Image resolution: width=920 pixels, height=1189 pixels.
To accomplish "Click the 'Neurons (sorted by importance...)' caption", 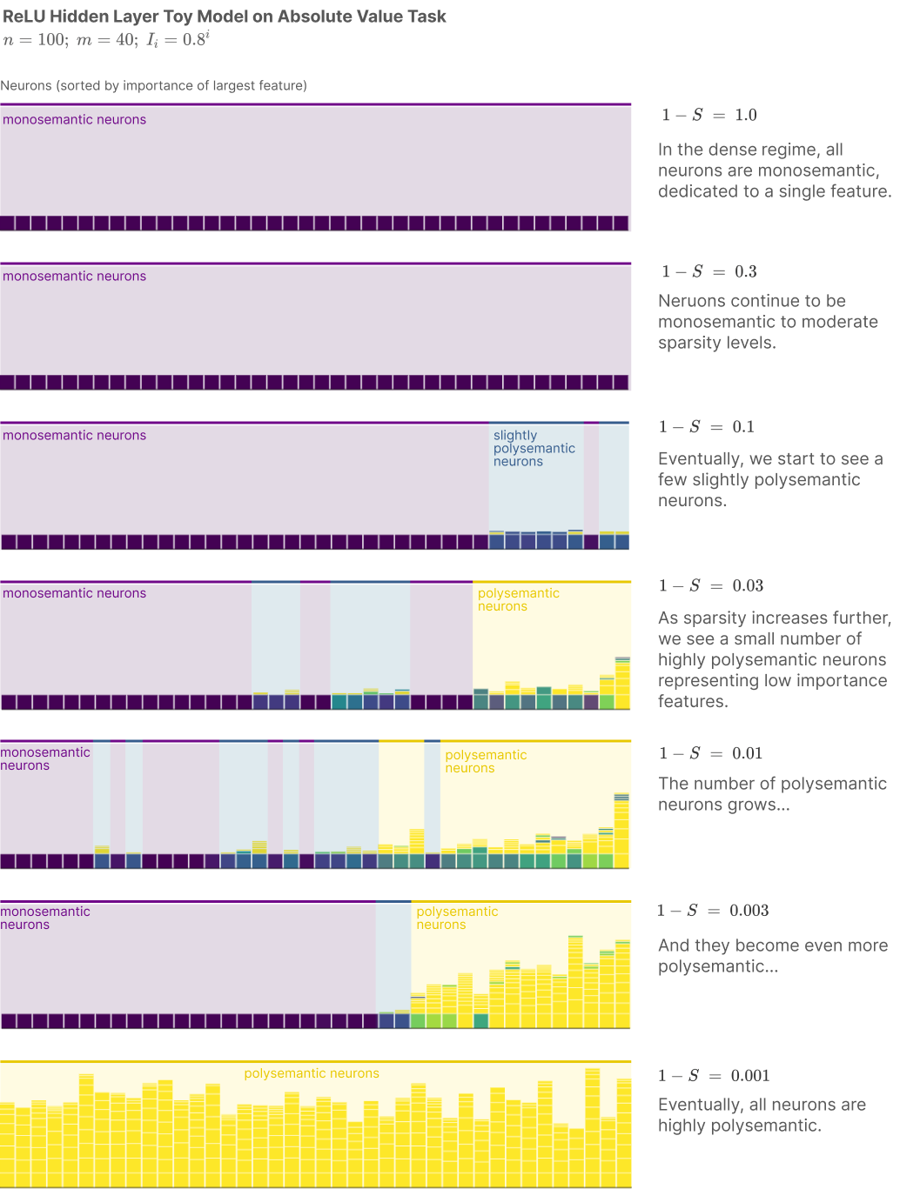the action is tap(153, 85).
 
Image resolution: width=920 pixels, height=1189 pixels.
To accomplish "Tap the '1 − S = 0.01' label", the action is tap(710, 752).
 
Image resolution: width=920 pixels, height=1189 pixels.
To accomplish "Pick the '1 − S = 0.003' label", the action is tap(713, 910).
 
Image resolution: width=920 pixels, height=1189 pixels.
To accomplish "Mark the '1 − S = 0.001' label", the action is tap(715, 1075).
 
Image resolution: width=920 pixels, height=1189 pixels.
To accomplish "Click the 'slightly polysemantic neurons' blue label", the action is tap(534, 448).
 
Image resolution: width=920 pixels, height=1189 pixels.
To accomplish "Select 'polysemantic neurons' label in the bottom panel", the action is tap(312, 1072).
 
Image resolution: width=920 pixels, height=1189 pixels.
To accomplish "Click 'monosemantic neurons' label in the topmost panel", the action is tap(75, 119).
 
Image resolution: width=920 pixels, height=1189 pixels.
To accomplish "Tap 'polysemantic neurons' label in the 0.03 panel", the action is tap(518, 599).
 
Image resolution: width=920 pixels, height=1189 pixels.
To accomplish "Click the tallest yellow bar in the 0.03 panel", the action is tap(622, 682).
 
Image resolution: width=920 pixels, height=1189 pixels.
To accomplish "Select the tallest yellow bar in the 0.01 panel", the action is tap(621, 830).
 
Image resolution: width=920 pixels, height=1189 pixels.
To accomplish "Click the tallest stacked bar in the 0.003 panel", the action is tap(575, 981).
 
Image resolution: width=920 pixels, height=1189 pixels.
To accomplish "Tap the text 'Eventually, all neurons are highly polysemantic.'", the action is tap(762, 1114).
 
